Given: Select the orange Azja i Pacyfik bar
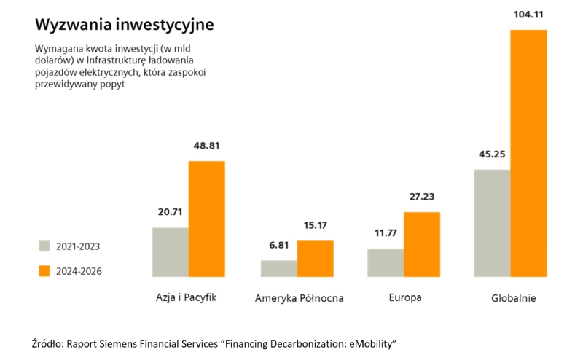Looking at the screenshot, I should pyautogui.click(x=206, y=219).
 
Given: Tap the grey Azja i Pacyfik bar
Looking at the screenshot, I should pyautogui.click(x=170, y=252).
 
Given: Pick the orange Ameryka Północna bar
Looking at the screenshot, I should pyautogui.click(x=315, y=259).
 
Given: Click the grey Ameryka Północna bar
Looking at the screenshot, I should pyautogui.click(x=278, y=268).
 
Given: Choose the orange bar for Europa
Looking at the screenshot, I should pyautogui.click(x=422, y=244).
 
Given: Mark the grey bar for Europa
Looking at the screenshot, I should pyautogui.click(x=386, y=262).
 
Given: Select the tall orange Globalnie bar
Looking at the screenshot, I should pyautogui.click(x=528, y=153).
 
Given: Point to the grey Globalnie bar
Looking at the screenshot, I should pyautogui.click(x=492, y=223).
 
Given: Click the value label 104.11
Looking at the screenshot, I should pyautogui.click(x=528, y=14).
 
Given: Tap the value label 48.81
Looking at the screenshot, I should pyautogui.click(x=207, y=145).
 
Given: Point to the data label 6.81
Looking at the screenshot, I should pyautogui.click(x=278, y=245).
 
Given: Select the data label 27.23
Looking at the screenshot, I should pyautogui.click(x=422, y=197).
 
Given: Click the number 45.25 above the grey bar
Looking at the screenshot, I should pyautogui.click(x=492, y=154).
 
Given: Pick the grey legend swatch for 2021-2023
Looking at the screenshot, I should pyautogui.click(x=44, y=246).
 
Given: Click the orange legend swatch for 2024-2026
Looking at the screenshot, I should pyautogui.click(x=44, y=270).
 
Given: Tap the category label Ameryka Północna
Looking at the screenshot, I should pyautogui.click(x=299, y=299).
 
